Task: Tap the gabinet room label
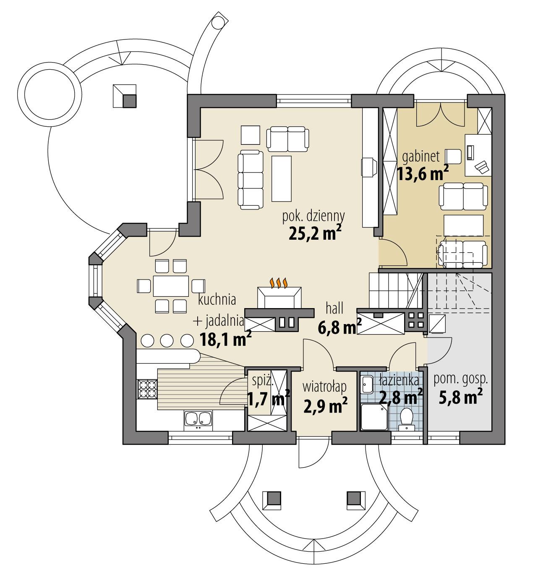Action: click(x=420, y=157)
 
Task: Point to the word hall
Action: click(x=334, y=309)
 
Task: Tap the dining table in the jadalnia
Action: click(x=170, y=286)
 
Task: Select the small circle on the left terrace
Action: click(x=52, y=90)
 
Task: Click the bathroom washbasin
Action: click(x=368, y=384)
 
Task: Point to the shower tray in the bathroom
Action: click(x=374, y=417)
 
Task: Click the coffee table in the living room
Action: click(x=281, y=178)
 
